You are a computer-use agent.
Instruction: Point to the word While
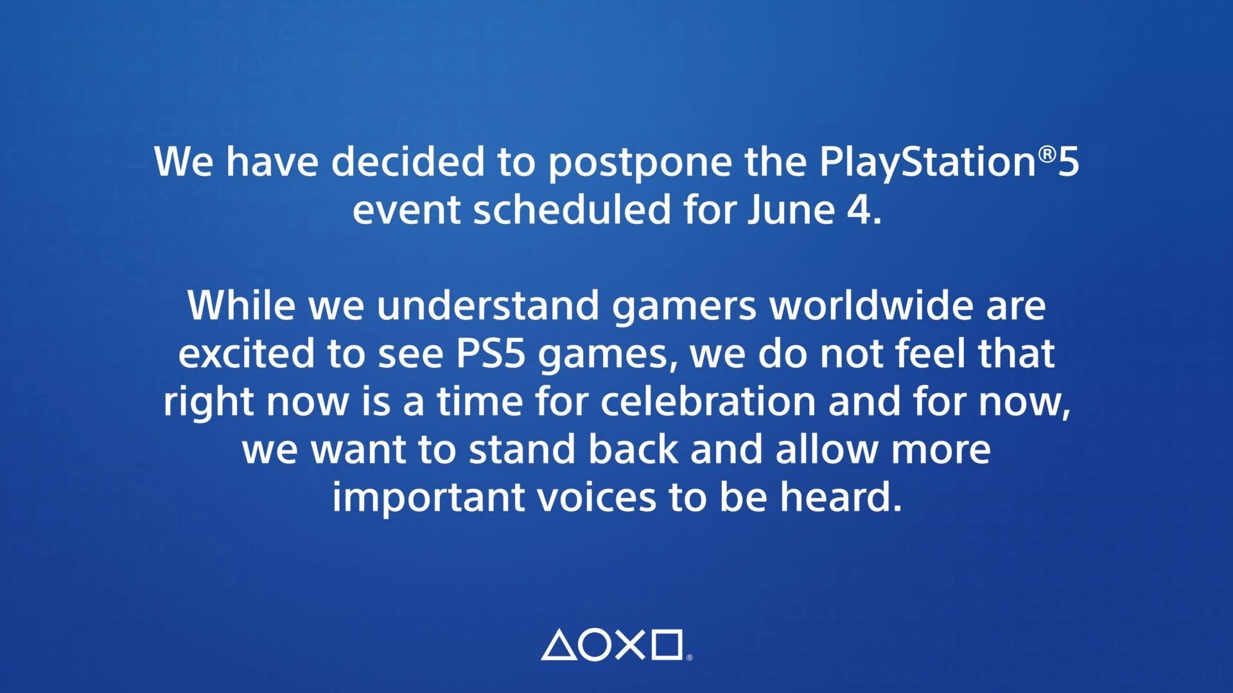241,305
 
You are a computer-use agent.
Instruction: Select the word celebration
708,401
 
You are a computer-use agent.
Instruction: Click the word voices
596,497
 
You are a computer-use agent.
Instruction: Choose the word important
428,499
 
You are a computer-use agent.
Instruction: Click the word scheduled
572,209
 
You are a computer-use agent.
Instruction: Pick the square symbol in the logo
667,645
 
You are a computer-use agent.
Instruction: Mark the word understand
488,305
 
